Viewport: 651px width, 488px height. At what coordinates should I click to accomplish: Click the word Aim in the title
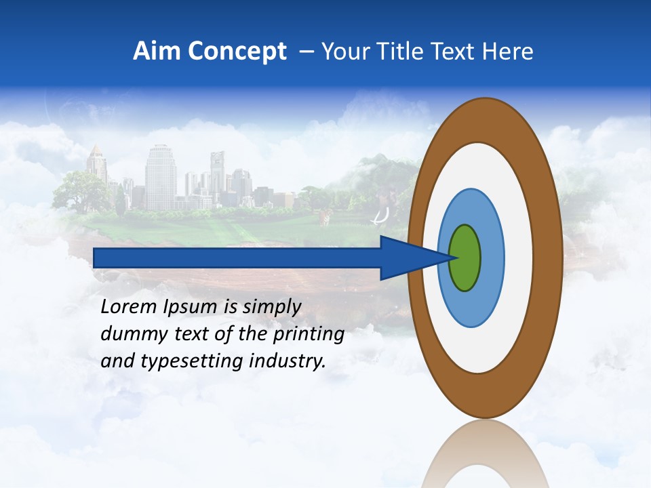pos(155,52)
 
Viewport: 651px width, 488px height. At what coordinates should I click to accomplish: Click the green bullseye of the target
pos(465,258)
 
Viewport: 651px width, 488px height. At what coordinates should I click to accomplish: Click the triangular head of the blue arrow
pos(414,258)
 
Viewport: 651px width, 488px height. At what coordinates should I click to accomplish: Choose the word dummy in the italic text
pos(129,334)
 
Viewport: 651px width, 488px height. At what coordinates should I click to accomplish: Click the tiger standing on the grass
pos(325,217)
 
